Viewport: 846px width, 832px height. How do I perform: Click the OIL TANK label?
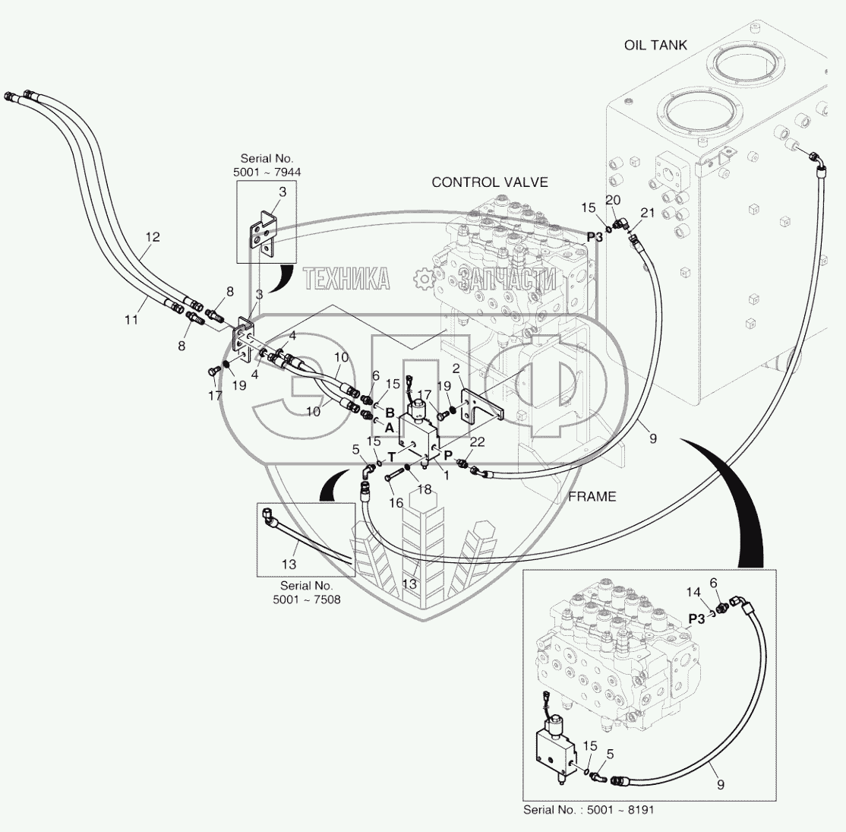(655, 45)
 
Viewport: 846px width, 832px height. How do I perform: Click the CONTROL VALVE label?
(489, 182)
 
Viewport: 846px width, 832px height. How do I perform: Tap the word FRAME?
(592, 497)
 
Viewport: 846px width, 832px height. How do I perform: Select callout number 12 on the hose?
(153, 237)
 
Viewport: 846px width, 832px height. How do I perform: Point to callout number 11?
(131, 320)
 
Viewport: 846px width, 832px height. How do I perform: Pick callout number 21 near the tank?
(646, 213)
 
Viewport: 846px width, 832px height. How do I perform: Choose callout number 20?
(613, 199)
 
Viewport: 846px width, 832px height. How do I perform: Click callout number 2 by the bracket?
(456, 369)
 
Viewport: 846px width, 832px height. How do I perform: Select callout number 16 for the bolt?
(396, 503)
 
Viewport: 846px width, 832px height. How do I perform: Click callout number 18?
(424, 490)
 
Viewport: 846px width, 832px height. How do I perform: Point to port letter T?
(392, 457)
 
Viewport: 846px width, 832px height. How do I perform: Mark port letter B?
(389, 413)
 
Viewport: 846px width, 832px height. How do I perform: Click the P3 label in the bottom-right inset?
(697, 619)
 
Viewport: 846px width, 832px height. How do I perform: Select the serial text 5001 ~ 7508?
(306, 599)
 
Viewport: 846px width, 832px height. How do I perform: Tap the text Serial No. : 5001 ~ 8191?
(588, 810)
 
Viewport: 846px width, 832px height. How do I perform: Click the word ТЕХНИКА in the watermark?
(346, 280)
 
